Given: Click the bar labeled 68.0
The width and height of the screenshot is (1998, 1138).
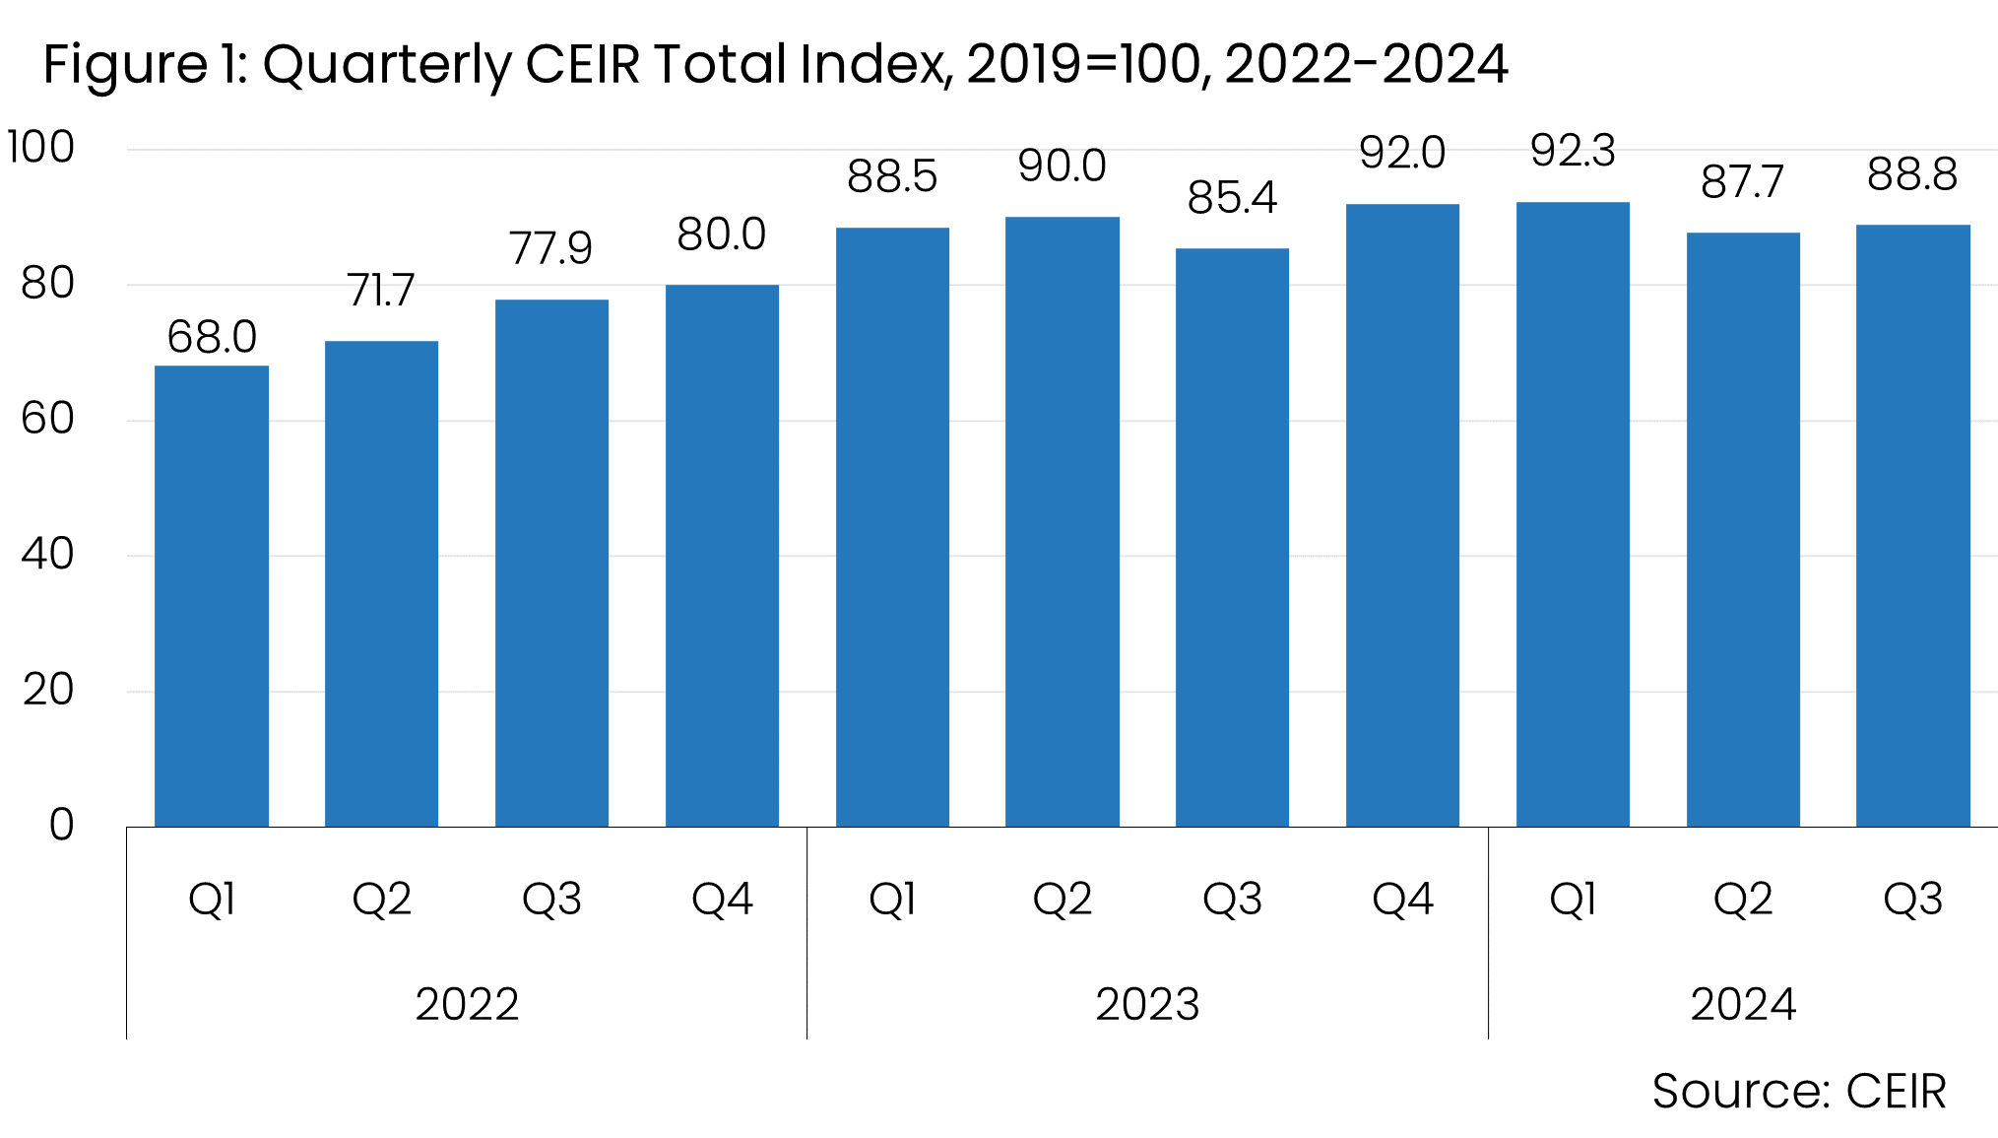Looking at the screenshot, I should (212, 596).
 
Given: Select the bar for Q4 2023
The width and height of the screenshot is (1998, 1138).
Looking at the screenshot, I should (1402, 515).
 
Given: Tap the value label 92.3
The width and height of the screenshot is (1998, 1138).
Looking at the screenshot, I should (1573, 152).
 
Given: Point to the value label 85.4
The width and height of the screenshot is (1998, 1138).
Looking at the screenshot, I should (1232, 198).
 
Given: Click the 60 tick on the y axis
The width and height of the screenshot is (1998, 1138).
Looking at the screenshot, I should (47, 419).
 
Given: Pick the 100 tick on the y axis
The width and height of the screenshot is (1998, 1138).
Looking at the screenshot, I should (40, 148).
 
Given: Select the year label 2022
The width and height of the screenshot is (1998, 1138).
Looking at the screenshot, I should (467, 1004).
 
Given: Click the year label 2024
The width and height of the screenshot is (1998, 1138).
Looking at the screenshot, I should (1743, 1004).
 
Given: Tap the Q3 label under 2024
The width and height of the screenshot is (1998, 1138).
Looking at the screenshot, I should (1912, 899).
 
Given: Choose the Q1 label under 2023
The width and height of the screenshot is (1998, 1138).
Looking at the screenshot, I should (892, 899).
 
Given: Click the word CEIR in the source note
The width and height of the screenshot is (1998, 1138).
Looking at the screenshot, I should (1896, 1092).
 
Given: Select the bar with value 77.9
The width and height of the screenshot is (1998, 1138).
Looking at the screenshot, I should (551, 563).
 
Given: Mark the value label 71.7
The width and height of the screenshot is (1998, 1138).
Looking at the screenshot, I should (381, 291).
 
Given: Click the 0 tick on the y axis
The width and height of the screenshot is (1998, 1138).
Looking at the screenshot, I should (61, 825).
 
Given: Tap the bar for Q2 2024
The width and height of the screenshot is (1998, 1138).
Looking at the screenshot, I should (1743, 529).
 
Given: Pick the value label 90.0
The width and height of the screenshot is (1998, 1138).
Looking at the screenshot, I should (1062, 167).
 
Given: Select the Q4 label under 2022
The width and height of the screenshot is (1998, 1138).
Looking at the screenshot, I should (722, 899).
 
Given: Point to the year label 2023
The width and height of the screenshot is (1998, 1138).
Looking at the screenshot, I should (1147, 1004).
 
